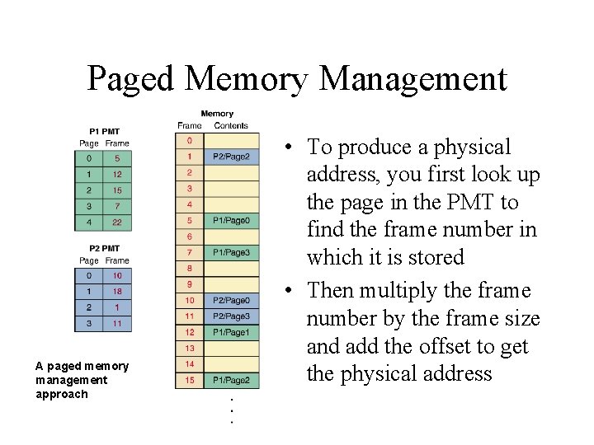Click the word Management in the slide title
[412, 79]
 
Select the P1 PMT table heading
[105, 132]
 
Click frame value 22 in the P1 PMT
[117, 222]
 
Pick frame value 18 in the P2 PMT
[117, 291]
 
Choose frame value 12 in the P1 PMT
[117, 174]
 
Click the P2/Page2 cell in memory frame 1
[231, 157]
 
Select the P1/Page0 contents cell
[231, 220]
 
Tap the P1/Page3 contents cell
[231, 252]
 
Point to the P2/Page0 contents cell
[231, 301]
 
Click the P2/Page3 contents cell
[231, 316]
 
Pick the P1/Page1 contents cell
[231, 332]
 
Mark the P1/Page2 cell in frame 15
[231, 380]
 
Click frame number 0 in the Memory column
[189, 141]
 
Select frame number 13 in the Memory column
[189, 348]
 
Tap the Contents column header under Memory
[231, 126]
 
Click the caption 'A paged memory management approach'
[82, 380]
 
